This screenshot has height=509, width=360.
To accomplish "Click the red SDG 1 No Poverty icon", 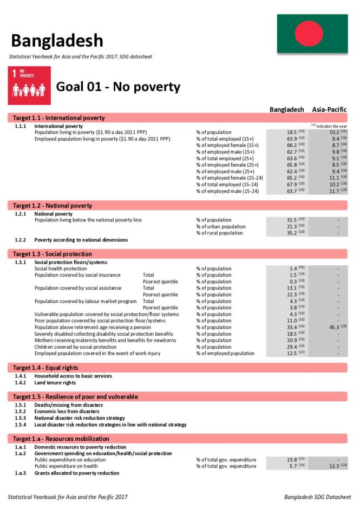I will [30, 86].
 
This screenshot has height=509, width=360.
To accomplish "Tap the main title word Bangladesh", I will [56, 40].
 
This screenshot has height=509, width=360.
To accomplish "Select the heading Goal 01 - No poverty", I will [118, 87].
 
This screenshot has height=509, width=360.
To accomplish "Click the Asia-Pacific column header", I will [329, 109].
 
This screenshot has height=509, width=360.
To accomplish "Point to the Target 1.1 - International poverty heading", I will [59, 118].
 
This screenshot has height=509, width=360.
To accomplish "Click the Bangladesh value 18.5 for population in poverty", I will [291, 132].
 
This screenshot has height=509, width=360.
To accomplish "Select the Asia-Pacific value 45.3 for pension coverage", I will [330, 327].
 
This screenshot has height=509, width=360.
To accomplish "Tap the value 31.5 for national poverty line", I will [291, 220].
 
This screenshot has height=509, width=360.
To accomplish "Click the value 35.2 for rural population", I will [291, 233].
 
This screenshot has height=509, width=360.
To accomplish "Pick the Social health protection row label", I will [60, 269].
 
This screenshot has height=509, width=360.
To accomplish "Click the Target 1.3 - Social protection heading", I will [53, 254].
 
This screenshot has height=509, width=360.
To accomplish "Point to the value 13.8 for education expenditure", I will [291, 460].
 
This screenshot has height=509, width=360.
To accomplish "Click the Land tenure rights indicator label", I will [55, 383].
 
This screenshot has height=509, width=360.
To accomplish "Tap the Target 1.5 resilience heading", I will [75, 397].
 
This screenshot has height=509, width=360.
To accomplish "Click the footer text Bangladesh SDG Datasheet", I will [317, 497].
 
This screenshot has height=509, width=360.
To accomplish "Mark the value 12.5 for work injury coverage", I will [291, 353].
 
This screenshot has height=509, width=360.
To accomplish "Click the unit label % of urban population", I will [220, 226].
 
